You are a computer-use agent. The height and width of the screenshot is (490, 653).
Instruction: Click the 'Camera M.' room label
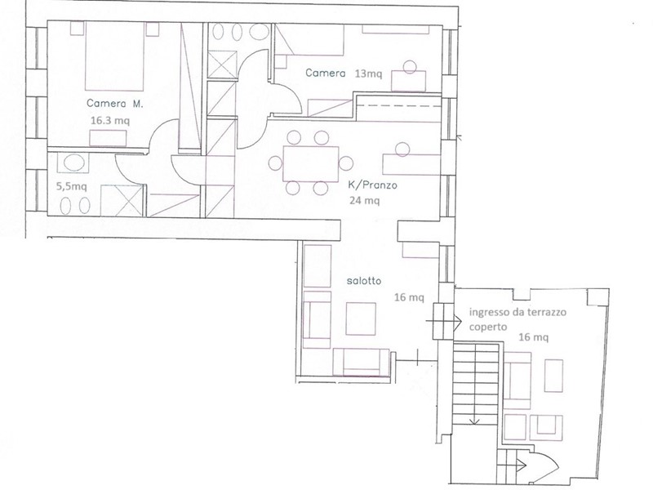click(x=114, y=104)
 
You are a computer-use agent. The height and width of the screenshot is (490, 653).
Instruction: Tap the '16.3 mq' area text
click(x=110, y=121)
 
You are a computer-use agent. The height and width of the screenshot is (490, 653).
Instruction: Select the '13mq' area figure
click(x=368, y=74)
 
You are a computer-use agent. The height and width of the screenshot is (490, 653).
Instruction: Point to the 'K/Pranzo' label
click(x=372, y=185)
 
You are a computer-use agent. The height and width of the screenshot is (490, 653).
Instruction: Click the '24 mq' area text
click(x=364, y=201)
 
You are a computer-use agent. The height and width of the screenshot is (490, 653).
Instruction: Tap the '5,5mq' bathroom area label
click(x=71, y=186)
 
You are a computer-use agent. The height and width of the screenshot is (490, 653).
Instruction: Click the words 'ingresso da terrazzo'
click(x=518, y=312)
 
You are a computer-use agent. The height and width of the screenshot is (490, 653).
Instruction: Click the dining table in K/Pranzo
click(x=311, y=163)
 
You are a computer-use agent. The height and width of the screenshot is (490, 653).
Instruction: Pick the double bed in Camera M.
click(x=114, y=56)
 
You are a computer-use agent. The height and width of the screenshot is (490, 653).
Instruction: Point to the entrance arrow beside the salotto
click(x=444, y=321)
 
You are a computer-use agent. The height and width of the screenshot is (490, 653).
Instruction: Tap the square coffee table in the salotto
click(x=361, y=318)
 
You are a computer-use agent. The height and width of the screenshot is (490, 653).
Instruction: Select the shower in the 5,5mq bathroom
click(x=122, y=200)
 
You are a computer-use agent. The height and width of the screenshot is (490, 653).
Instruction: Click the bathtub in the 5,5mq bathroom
click(x=75, y=163)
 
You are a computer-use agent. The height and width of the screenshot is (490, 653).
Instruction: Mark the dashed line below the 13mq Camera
click(x=398, y=106)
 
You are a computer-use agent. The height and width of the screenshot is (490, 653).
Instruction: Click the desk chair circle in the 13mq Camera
click(x=410, y=67)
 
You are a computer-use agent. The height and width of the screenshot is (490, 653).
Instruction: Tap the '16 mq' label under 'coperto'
click(x=533, y=336)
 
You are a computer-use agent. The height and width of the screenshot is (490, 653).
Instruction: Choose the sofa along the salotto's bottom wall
click(x=362, y=363)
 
